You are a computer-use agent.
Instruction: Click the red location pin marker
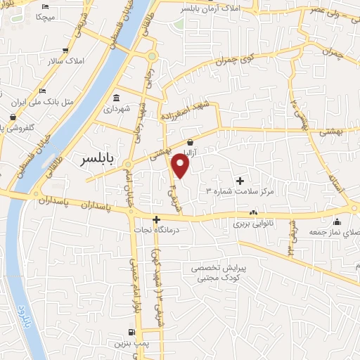click(x=181, y=165)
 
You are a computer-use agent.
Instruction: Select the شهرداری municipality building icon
click(x=115, y=98)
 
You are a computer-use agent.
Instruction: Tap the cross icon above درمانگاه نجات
click(x=157, y=219)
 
